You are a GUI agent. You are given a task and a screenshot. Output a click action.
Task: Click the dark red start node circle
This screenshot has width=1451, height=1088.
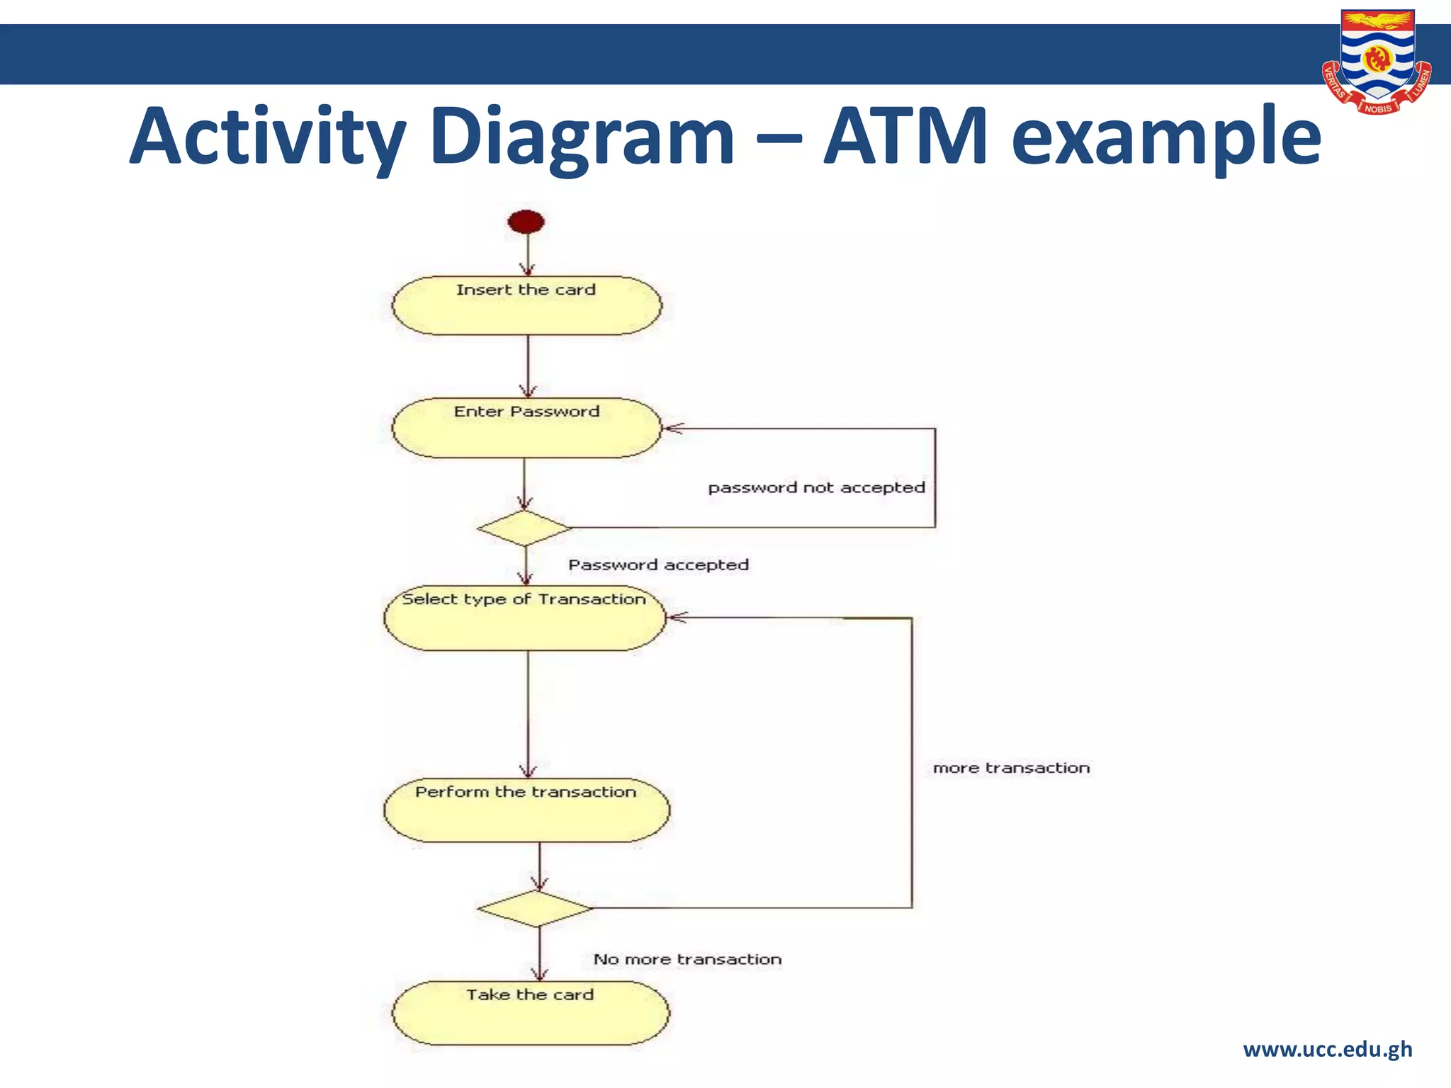point(526,222)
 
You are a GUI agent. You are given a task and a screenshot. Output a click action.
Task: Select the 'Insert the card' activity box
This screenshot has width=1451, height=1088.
point(526,305)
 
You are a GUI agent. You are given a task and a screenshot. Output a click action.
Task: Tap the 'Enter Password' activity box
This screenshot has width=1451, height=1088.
point(526,428)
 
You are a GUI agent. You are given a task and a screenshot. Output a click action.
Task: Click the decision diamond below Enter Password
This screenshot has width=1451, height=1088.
point(524,528)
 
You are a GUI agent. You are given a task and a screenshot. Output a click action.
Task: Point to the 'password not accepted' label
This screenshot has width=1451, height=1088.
point(816,487)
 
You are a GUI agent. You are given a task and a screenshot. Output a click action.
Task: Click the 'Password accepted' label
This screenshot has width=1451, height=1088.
point(658,565)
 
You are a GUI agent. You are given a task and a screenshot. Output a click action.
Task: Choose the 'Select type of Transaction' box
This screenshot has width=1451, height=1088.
point(525,618)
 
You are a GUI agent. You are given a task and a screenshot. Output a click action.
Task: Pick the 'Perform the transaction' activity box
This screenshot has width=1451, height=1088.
point(526,810)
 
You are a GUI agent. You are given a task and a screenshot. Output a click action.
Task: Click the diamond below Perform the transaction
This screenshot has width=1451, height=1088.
point(535,909)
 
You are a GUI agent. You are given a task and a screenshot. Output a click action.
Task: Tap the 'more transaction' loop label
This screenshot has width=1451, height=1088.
point(1011,768)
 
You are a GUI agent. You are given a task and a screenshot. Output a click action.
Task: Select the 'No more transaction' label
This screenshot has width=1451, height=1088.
point(687,959)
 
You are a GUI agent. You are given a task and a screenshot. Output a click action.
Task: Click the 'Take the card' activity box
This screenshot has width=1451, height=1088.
point(531,1013)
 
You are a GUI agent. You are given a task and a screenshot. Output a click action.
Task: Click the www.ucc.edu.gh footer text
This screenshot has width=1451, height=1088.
point(1327,1049)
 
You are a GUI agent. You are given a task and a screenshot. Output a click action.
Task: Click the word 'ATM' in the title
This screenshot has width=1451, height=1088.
point(905,136)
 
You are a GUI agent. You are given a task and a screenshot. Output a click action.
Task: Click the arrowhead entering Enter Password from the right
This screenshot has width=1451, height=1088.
point(670,429)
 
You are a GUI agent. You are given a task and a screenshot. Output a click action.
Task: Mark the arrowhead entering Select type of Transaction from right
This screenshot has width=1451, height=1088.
point(675,618)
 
